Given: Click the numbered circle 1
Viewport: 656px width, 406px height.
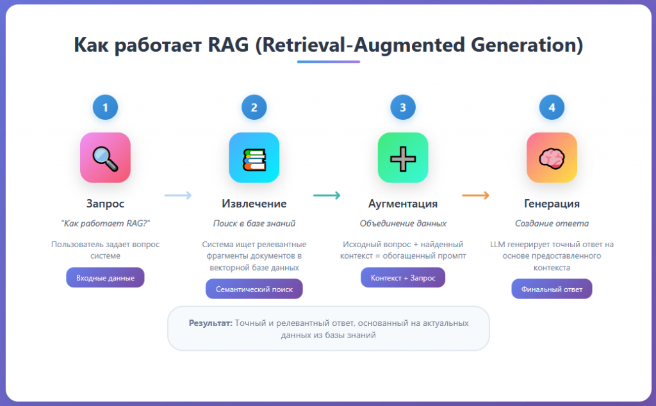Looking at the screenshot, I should click(x=105, y=108).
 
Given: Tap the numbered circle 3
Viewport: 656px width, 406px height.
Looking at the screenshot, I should click(x=403, y=108).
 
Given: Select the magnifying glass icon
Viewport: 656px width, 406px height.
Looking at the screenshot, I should click(x=105, y=158).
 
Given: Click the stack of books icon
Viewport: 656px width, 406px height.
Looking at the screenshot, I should click(x=254, y=158).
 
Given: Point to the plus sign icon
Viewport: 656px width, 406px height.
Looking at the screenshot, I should click(x=403, y=158).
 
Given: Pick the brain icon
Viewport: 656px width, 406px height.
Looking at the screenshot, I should click(x=552, y=158).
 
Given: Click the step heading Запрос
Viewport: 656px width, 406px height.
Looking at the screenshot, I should click(x=105, y=204).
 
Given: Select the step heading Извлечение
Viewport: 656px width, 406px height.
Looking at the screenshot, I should click(x=254, y=204).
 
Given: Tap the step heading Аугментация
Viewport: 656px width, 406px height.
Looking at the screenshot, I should click(x=403, y=204).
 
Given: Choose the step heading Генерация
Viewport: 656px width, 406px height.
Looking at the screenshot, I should click(x=552, y=204).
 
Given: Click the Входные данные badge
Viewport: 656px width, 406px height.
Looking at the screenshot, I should click(x=105, y=277).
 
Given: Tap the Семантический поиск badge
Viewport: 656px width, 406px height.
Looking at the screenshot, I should click(x=254, y=289).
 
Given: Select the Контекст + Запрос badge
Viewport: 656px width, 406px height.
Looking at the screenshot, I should click(x=403, y=277).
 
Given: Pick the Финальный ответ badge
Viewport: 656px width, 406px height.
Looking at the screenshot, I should click(x=552, y=289).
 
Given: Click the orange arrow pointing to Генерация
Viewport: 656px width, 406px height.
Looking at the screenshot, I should click(x=476, y=196).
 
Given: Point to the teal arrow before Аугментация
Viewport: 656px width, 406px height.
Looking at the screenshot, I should click(x=327, y=196).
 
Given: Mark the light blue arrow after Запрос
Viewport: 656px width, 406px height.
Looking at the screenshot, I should click(x=178, y=196).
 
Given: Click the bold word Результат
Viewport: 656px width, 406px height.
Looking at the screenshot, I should click(x=210, y=323).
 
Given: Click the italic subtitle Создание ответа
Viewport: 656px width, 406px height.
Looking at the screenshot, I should click(x=552, y=223).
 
